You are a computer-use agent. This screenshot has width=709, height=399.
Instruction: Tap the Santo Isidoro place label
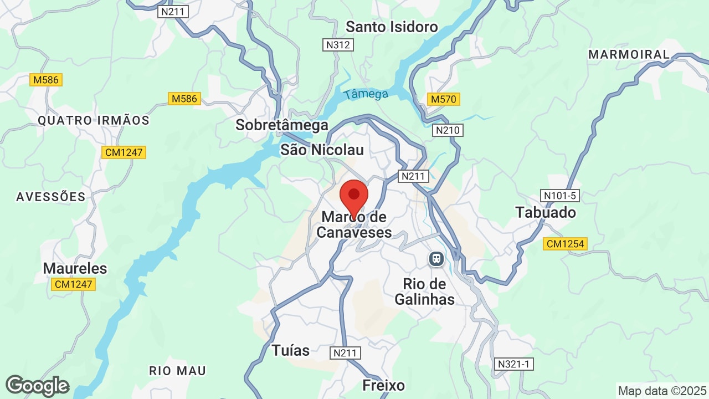pyautogui.click(x=392, y=27)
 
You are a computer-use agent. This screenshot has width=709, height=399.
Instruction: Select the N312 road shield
pyautogui.click(x=338, y=45)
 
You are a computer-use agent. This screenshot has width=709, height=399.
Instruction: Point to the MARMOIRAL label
pyautogui.click(x=629, y=54)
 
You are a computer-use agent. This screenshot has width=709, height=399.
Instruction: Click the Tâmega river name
pyautogui.click(x=366, y=94)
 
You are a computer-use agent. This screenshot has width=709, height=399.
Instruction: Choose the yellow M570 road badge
pyautogui.click(x=444, y=99)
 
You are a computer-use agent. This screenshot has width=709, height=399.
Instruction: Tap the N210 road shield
pyautogui.click(x=448, y=130)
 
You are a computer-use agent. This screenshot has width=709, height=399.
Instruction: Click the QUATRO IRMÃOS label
pyautogui.click(x=94, y=120)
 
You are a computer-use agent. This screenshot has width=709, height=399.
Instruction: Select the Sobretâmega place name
pyautogui.click(x=282, y=125)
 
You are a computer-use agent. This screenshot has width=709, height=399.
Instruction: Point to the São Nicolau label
pyautogui.click(x=322, y=150)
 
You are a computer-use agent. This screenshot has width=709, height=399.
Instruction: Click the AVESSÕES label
pyautogui.click(x=51, y=197)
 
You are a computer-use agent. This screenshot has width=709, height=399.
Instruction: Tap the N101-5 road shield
pyautogui.click(x=559, y=196)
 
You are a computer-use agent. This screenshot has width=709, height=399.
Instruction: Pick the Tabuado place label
pyautogui.click(x=546, y=212)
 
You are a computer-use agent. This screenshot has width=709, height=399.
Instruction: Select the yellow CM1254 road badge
pyautogui.click(x=566, y=244)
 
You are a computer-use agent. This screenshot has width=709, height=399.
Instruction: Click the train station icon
pyautogui.click(x=436, y=258)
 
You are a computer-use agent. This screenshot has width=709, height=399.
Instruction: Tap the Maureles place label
pyautogui.click(x=75, y=269)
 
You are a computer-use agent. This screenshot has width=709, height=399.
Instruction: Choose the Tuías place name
pyautogui.click(x=290, y=350)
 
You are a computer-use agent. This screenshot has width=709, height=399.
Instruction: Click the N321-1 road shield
pyautogui.click(x=514, y=364)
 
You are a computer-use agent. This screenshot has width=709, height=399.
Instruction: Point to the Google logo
pyautogui.click(x=38, y=386)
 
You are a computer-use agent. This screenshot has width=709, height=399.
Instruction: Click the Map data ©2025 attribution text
pyautogui.click(x=661, y=391)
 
